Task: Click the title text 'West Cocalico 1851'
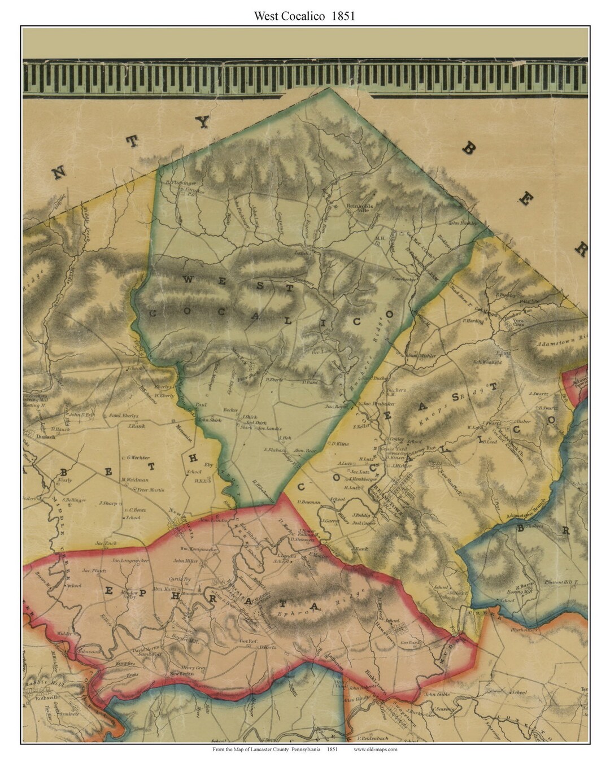coord(304,16)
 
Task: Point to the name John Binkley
coord(463,223)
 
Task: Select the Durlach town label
coord(35,437)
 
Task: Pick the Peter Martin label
coord(151,490)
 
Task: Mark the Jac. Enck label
coord(106,543)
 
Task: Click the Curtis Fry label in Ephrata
coord(181,579)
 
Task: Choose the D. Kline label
coord(340,443)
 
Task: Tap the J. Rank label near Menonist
coord(137,426)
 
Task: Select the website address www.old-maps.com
coord(376,749)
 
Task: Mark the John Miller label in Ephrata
coord(186,561)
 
